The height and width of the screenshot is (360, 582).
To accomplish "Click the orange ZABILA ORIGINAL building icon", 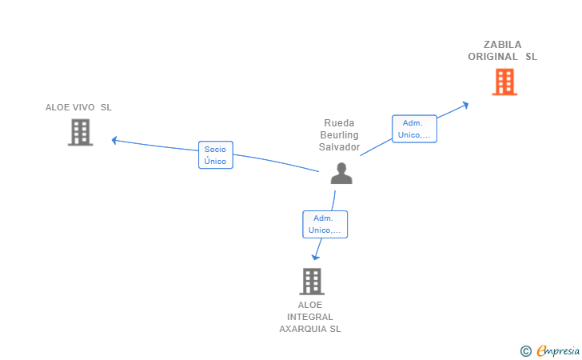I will [x=504, y=82].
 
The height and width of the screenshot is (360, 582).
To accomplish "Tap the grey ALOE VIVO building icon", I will [x=80, y=132].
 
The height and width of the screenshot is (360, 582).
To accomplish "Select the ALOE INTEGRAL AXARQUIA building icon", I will [x=311, y=281].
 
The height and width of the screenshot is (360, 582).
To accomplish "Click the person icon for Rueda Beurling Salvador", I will [x=341, y=173].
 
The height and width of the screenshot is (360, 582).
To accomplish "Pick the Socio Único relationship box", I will [x=215, y=155].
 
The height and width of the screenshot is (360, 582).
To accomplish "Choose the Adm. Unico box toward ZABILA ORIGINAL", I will [x=414, y=129].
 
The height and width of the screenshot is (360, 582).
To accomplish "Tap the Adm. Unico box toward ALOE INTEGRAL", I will [x=325, y=224].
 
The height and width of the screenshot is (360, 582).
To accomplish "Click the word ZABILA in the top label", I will [x=502, y=45].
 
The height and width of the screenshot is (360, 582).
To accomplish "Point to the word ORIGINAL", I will [x=493, y=57].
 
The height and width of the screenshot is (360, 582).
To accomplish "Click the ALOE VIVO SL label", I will [x=78, y=107].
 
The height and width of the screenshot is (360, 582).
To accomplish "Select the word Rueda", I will [x=339, y=123].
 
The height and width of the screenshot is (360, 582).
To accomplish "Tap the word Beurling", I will [x=339, y=135].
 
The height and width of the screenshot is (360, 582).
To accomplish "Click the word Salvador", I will [x=339, y=147].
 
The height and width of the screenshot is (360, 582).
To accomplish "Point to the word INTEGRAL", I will [x=310, y=317].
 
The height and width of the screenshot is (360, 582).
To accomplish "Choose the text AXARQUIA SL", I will [x=310, y=329].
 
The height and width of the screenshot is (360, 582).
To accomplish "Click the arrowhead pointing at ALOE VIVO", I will [x=114, y=140].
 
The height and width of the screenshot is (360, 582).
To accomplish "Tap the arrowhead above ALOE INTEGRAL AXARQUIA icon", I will [x=316, y=256].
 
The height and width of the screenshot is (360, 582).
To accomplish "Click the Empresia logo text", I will [x=557, y=350].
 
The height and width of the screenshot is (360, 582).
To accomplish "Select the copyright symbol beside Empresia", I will [x=525, y=350].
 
